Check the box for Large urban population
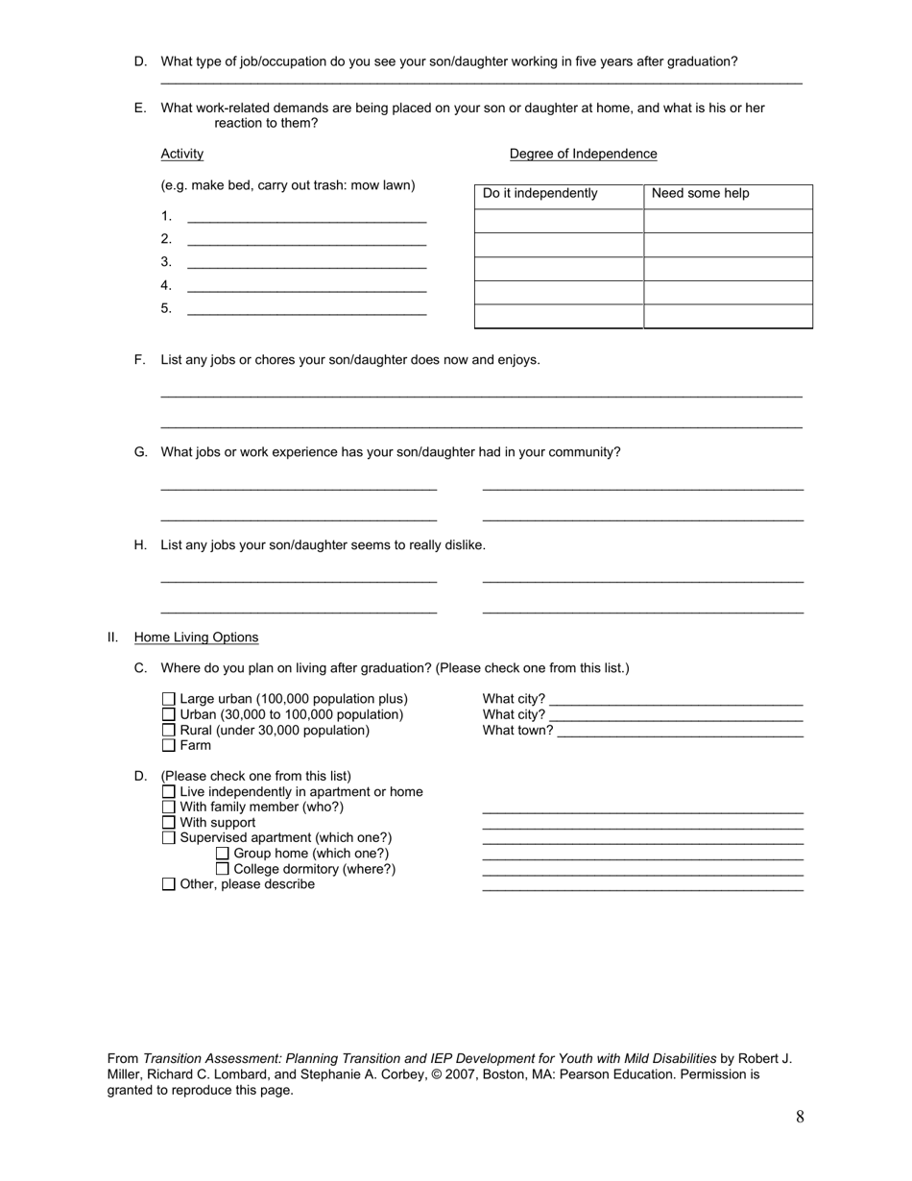coord(169,699)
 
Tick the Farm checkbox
coord(169,745)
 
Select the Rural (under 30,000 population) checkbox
coord(169,731)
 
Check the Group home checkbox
coord(223,854)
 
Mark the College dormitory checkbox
coord(223,869)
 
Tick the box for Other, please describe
coord(169,884)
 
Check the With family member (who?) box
coord(169,807)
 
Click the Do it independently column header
coord(540,194)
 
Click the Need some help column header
coord(700,194)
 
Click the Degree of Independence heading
coord(583,154)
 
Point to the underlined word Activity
coord(181,154)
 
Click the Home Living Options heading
coord(196,638)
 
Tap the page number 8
coord(800,1117)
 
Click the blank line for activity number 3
coord(306,263)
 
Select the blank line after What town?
coord(680,732)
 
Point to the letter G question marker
coord(140,452)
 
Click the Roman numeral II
coord(112,638)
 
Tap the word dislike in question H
coord(461,545)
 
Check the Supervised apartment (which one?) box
coord(169,838)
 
